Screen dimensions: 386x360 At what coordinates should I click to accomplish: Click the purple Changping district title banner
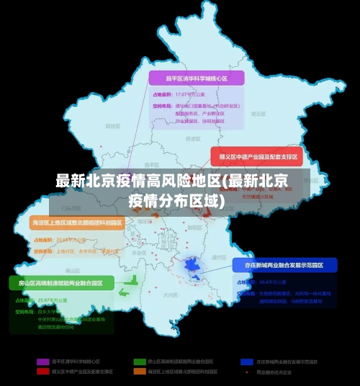[x=197, y=78]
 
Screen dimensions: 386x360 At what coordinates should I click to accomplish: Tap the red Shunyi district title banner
[x=254, y=156]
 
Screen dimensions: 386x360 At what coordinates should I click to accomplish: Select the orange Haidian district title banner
[x=77, y=223]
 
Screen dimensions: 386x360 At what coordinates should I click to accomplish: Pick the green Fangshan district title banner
[x=61, y=282]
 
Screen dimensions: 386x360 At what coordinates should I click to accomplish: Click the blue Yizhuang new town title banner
[x=284, y=265]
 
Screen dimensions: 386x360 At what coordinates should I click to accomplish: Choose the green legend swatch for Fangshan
[x=140, y=361]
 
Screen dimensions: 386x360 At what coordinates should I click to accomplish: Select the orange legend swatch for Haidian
[x=140, y=372]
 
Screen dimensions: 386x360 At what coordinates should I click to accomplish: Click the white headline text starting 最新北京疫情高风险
[x=172, y=181]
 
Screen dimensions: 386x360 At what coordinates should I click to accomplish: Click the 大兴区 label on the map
[x=170, y=295]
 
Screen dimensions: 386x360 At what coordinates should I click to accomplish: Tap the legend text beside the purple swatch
[x=76, y=361]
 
